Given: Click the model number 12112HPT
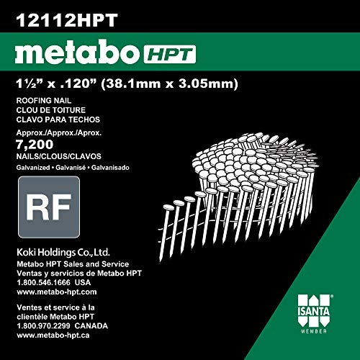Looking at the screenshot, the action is pyautogui.click(x=67, y=20).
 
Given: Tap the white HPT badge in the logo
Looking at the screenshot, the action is pyautogui.click(x=170, y=55).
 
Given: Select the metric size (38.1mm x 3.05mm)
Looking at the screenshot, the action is pyautogui.click(x=169, y=84).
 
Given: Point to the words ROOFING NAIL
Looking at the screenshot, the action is pyautogui.click(x=44, y=100).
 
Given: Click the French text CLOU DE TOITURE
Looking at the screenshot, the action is pyautogui.click(x=51, y=110).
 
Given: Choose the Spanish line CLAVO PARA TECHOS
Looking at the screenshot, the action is pyautogui.click(x=58, y=120).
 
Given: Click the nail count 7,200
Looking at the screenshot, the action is pyautogui.click(x=35, y=144).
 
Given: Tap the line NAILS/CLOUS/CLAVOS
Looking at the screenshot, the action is pyautogui.click(x=59, y=156).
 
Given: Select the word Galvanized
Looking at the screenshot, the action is pyautogui.click(x=33, y=168).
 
